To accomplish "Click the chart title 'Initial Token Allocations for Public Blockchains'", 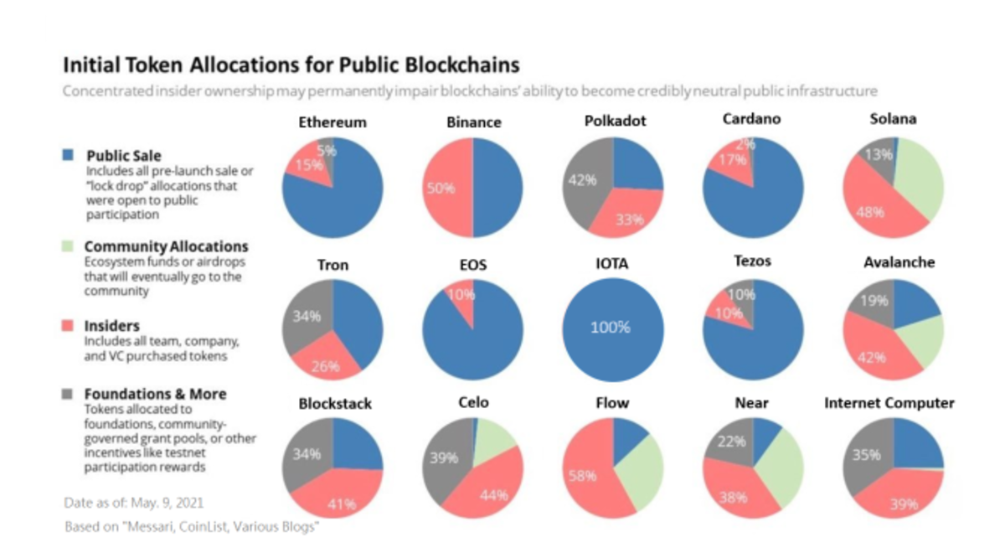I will click(292, 65).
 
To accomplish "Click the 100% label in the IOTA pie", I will click(610, 327).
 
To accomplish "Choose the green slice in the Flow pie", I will click(638, 473).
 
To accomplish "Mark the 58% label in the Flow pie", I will click(582, 476).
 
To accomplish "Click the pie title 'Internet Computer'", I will click(889, 403).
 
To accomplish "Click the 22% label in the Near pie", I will click(731, 442).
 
